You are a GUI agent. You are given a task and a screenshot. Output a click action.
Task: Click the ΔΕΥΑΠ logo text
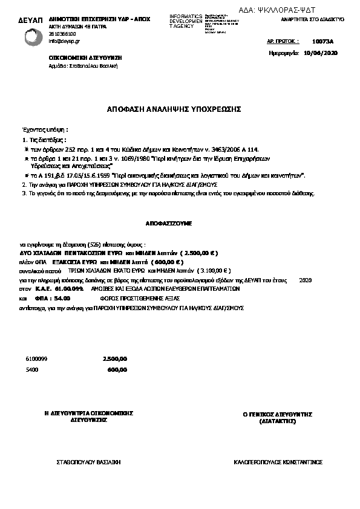pyautogui.click(x=30, y=21)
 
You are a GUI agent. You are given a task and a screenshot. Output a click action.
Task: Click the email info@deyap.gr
pyautogui.click(x=62, y=41)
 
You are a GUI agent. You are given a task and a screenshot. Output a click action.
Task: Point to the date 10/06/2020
pyautogui.click(x=321, y=53)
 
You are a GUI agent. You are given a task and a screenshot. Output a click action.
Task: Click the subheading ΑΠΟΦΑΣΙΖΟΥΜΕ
pyautogui.click(x=169, y=224)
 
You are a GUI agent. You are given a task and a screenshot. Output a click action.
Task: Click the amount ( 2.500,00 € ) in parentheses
pyautogui.click(x=196, y=253)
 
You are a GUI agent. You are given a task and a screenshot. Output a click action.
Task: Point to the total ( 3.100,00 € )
pyautogui.click(x=209, y=271)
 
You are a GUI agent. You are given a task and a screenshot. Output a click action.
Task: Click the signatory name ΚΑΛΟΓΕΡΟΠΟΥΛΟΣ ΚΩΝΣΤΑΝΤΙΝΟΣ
pyautogui.click(x=278, y=462)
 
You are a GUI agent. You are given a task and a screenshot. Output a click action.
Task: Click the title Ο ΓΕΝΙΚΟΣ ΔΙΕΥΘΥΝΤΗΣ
pyautogui.click(x=277, y=415)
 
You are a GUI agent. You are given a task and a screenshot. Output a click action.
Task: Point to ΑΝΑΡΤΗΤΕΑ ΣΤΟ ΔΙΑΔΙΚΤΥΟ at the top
pyautogui.click(x=313, y=19)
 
